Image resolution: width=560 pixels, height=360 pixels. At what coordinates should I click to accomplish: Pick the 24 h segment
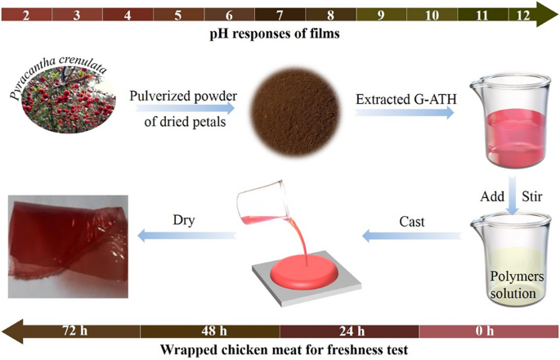point(349,331)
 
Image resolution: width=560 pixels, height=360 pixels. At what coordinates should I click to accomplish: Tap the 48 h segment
point(210,331)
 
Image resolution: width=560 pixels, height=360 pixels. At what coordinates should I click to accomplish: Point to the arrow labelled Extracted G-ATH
point(404,115)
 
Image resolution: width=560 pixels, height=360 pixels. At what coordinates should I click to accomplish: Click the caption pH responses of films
point(280,37)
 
